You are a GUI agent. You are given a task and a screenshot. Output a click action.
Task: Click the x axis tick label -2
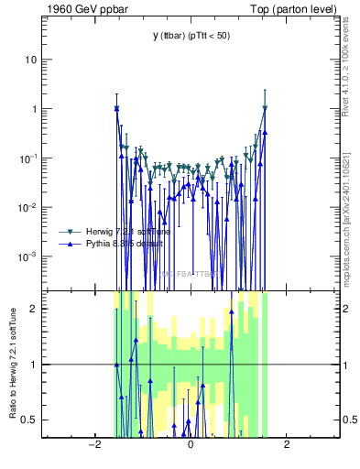point(93,445)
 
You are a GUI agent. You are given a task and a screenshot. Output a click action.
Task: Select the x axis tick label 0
point(190,445)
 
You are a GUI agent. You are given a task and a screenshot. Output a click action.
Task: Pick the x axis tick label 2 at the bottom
point(287,445)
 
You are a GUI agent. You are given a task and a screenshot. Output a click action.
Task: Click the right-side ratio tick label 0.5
point(348,420)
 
